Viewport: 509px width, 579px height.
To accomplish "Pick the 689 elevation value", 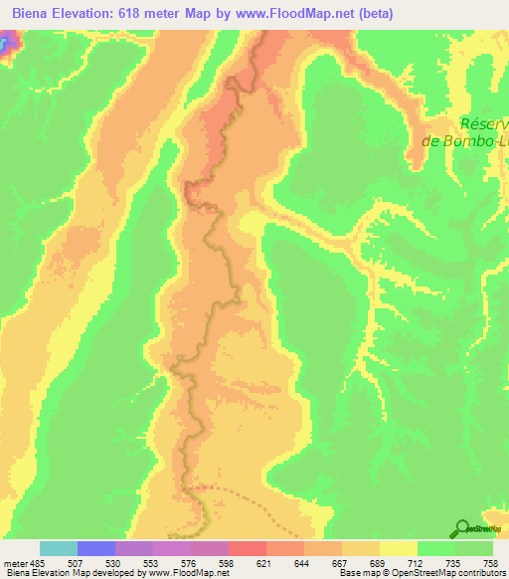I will point(379,562).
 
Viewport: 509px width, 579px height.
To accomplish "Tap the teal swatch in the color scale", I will point(59,548).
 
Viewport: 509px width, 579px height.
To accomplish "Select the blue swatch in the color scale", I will point(96,548).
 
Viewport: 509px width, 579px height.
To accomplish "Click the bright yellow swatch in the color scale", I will point(399,548).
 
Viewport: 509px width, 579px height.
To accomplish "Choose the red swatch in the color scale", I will point(248,548).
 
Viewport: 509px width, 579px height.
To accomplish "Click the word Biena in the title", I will point(32,14).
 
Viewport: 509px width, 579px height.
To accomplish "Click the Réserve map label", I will point(484,124).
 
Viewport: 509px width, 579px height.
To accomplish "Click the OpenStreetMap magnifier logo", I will point(461,528).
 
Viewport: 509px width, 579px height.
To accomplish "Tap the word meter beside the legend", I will point(16,562).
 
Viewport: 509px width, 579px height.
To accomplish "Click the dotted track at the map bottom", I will point(239,492).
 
